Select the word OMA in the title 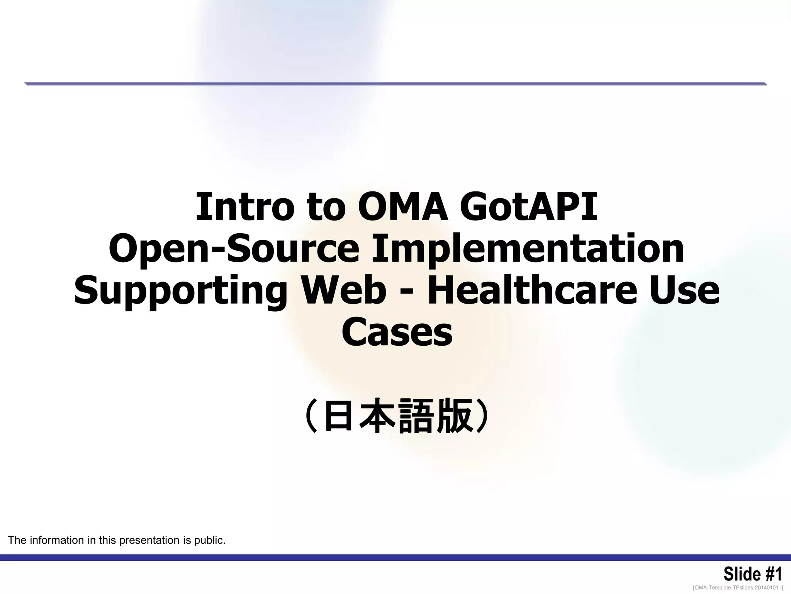402,207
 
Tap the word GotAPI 528,207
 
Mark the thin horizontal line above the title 395,84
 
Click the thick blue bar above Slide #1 395,557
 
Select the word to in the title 325,207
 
